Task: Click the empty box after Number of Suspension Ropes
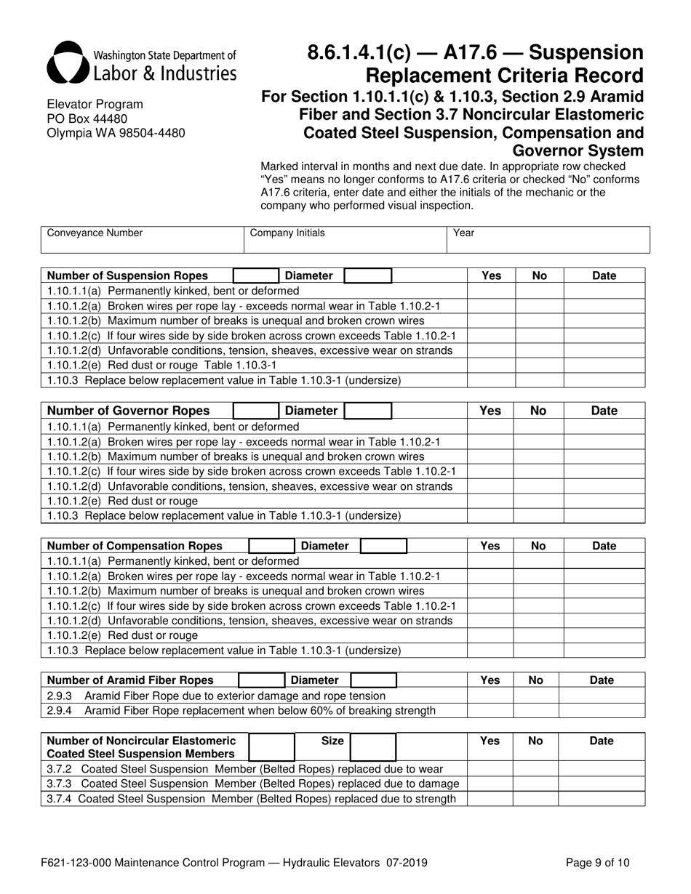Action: [255, 275]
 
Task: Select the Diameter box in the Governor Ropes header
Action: [368, 411]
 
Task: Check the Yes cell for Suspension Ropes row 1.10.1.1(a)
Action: [491, 291]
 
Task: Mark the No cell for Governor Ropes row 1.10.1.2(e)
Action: [538, 502]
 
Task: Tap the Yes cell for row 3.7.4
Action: [490, 799]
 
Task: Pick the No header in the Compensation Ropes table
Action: [538, 546]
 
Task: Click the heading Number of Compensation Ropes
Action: [135, 546]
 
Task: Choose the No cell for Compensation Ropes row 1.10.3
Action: [538, 651]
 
